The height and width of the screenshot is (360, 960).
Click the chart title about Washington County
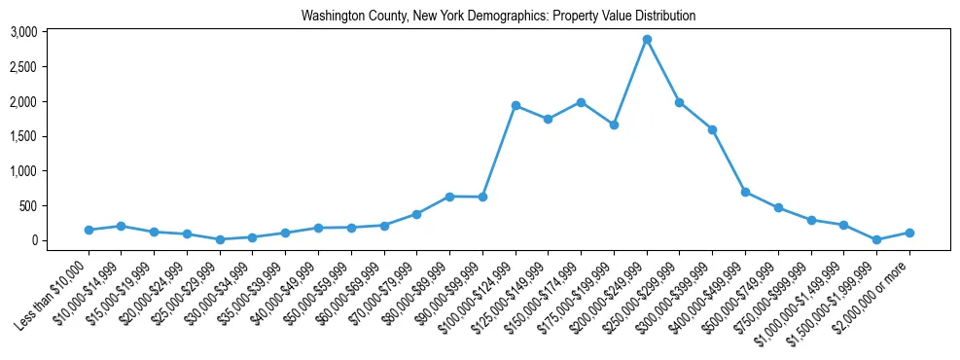499,16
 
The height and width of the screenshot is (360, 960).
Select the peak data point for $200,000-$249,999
647,40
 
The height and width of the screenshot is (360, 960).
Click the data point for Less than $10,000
89,230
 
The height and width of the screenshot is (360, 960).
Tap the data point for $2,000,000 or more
909,233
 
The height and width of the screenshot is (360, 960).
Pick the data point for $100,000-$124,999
516,105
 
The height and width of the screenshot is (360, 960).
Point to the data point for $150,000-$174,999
581,102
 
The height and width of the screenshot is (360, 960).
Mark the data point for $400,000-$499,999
745,192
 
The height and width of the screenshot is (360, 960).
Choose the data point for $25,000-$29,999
220,239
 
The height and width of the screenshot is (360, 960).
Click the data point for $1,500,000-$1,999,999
876,239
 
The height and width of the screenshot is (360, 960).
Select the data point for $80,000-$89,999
449,197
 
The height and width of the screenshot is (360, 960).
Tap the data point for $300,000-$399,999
712,129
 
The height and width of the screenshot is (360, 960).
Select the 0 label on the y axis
34,240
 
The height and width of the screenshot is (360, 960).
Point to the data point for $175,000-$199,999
614,125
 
